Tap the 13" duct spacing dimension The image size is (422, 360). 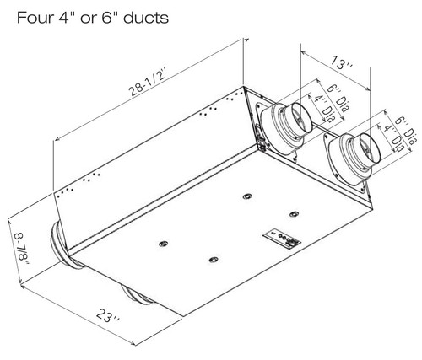[x=339, y=62]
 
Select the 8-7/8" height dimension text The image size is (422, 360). [x=19, y=244]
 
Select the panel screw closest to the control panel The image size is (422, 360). [x=294, y=212]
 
